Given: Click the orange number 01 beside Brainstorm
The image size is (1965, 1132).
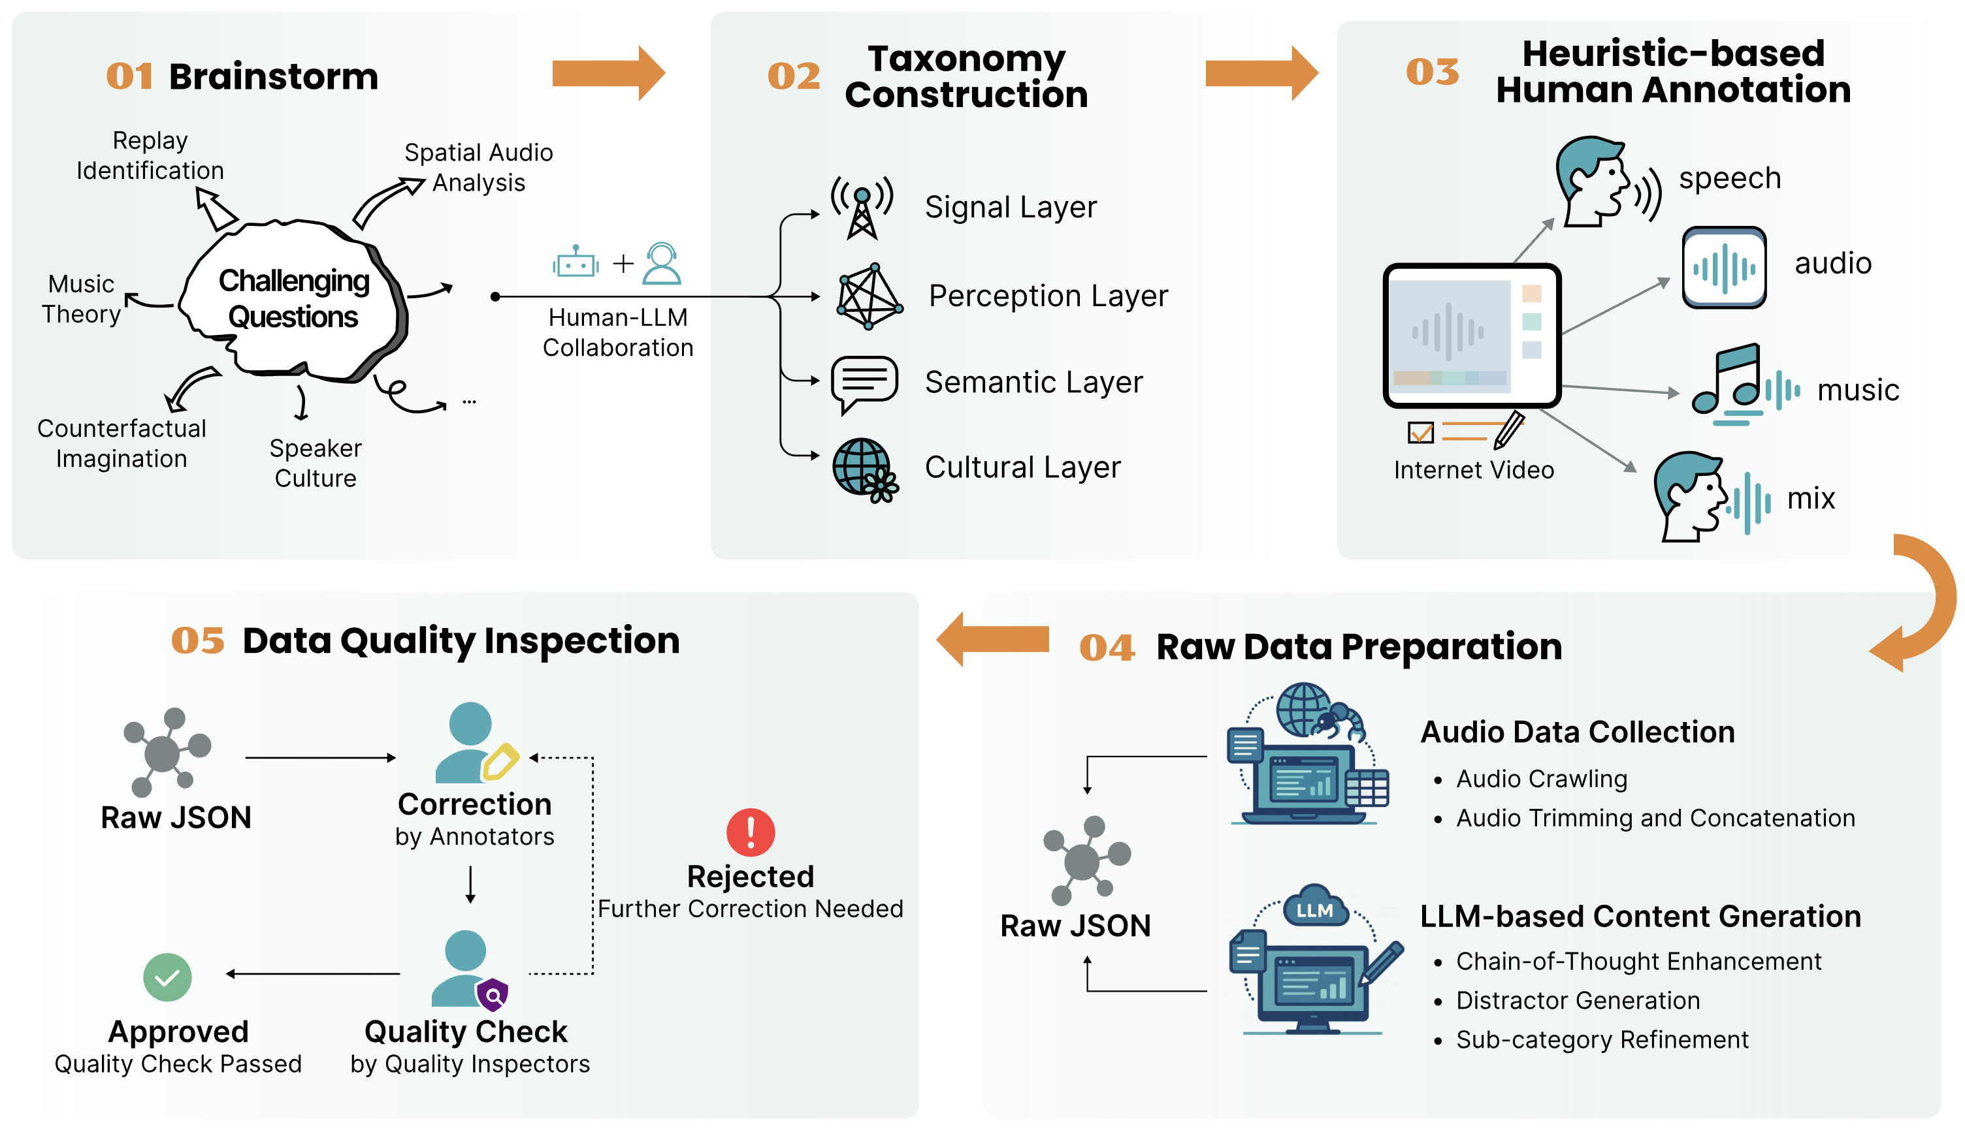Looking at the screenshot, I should click(129, 76).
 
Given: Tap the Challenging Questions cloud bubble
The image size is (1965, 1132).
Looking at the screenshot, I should click(293, 300).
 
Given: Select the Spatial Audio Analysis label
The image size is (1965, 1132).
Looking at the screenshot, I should click(478, 167).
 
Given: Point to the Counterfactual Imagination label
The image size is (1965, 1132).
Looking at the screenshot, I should click(122, 443).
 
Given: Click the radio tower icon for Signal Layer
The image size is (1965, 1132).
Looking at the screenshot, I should click(862, 206).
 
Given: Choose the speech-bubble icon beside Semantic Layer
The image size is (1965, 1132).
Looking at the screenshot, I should click(864, 383).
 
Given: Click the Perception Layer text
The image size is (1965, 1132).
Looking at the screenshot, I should click(1048, 296).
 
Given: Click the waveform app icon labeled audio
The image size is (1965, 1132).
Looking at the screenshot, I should click(1724, 268).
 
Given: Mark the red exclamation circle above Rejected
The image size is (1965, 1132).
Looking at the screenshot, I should click(750, 832).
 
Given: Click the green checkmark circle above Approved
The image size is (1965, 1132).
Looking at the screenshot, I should click(167, 977).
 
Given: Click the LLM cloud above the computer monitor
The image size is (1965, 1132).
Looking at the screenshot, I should click(1314, 907).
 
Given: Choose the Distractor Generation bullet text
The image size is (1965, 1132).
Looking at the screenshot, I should click(1578, 1000).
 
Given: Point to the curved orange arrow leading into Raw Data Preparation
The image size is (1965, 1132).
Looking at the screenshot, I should click(1921, 606).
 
